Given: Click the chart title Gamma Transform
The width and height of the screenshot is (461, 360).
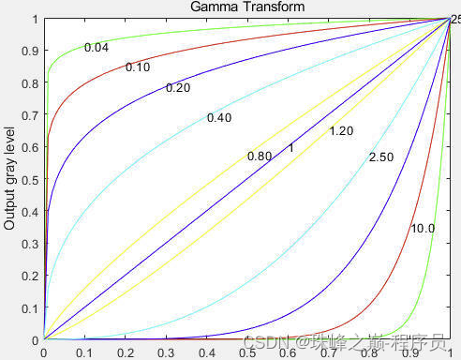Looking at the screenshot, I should click(x=247, y=7).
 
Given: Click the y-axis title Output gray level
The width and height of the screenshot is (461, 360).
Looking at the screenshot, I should click(x=9, y=179).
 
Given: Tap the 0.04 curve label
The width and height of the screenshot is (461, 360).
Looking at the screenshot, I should click(x=97, y=48).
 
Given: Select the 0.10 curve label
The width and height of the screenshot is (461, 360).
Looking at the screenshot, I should click(x=138, y=67).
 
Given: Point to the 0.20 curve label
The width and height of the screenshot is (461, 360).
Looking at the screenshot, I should click(x=178, y=89).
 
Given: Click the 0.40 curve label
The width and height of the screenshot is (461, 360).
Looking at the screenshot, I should click(x=219, y=118).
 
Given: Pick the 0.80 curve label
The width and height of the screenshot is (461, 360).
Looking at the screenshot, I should click(x=259, y=156).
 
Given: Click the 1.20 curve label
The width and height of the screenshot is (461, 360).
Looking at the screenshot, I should click(x=341, y=131).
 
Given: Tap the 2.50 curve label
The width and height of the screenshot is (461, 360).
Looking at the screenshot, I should click(x=381, y=157).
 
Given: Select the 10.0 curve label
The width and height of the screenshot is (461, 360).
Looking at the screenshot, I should click(x=423, y=229).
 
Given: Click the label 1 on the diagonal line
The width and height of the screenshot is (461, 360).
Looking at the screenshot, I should click(x=291, y=148).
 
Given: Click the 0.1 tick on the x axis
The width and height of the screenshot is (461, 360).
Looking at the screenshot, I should click(x=84, y=352).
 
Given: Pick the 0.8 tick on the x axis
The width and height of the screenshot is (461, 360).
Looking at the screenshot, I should click(x=369, y=352).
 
